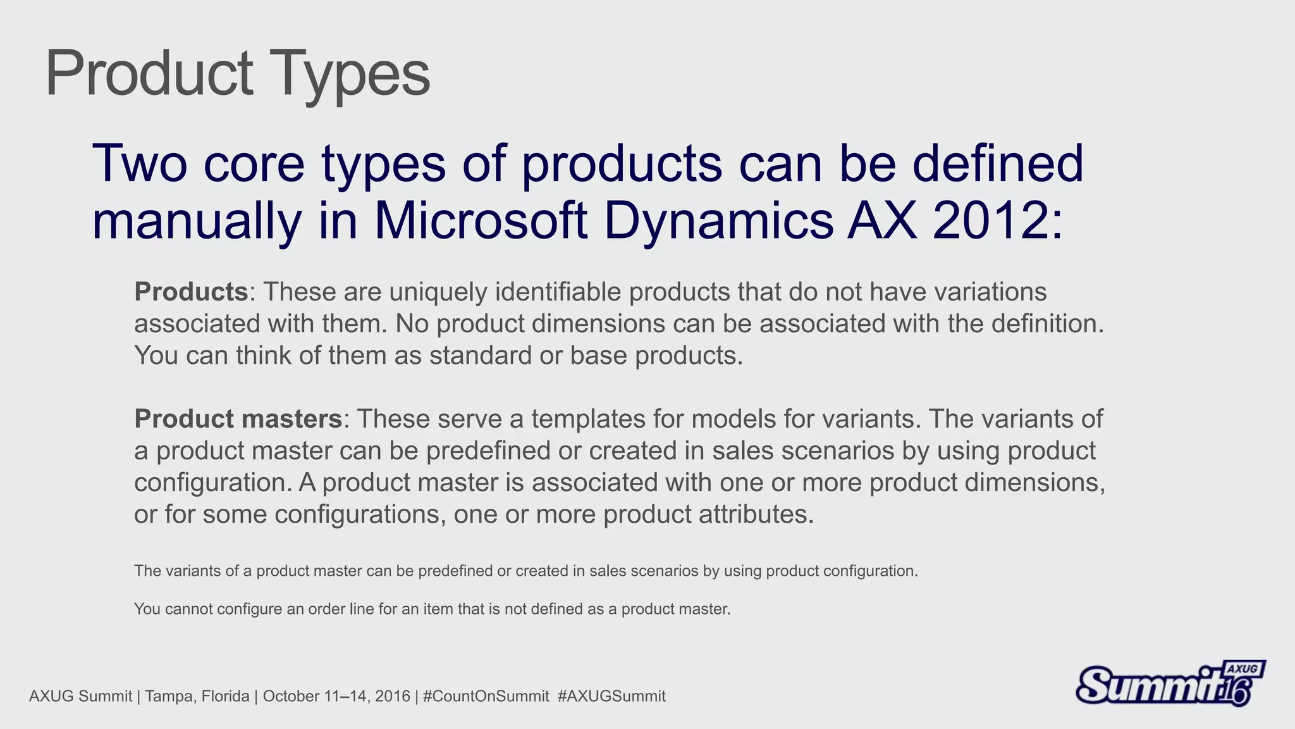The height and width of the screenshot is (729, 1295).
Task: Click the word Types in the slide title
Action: [x=350, y=75]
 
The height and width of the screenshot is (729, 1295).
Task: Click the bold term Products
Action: [x=191, y=292]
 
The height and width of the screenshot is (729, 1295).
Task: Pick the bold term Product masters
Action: [x=238, y=419]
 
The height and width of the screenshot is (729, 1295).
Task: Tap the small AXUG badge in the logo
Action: [x=1243, y=669]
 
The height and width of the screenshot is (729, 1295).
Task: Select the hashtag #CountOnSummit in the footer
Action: [x=486, y=696]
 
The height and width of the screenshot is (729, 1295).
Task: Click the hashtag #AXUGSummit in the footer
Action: [x=611, y=696]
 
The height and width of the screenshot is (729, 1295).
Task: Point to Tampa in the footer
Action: [x=166, y=696]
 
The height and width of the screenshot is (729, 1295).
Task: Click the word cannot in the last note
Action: [x=188, y=609]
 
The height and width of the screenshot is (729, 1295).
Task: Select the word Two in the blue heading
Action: [x=139, y=163]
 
